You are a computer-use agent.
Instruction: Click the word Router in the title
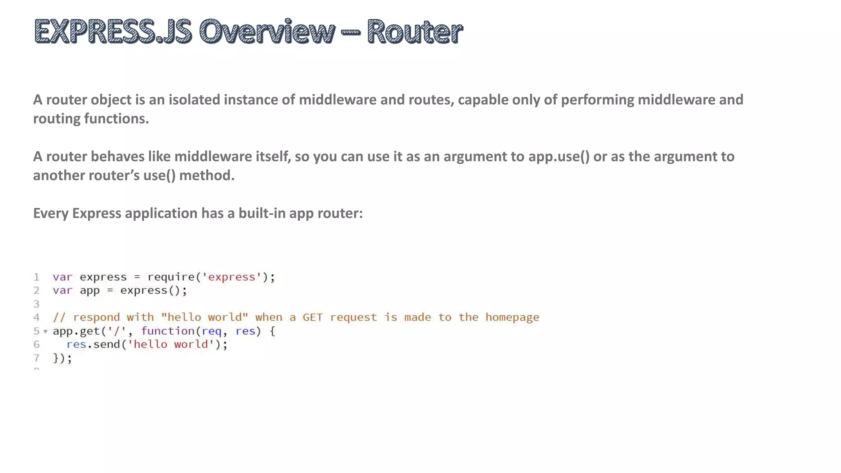coord(415,32)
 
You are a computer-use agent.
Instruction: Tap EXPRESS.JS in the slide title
coord(113,32)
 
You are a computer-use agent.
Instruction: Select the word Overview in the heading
coord(267,32)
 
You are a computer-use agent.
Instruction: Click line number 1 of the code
coord(37,277)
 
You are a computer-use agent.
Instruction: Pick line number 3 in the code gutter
coord(37,304)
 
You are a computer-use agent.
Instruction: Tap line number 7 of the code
coord(37,358)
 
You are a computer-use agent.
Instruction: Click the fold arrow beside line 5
coord(45,331)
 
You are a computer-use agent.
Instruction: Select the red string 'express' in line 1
coord(232,277)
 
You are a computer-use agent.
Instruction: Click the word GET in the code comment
coord(313,317)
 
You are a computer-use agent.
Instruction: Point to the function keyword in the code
coord(168,331)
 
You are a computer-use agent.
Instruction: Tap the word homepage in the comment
coord(512,317)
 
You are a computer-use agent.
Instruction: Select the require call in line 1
coord(171,277)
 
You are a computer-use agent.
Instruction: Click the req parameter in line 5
coord(211,331)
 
